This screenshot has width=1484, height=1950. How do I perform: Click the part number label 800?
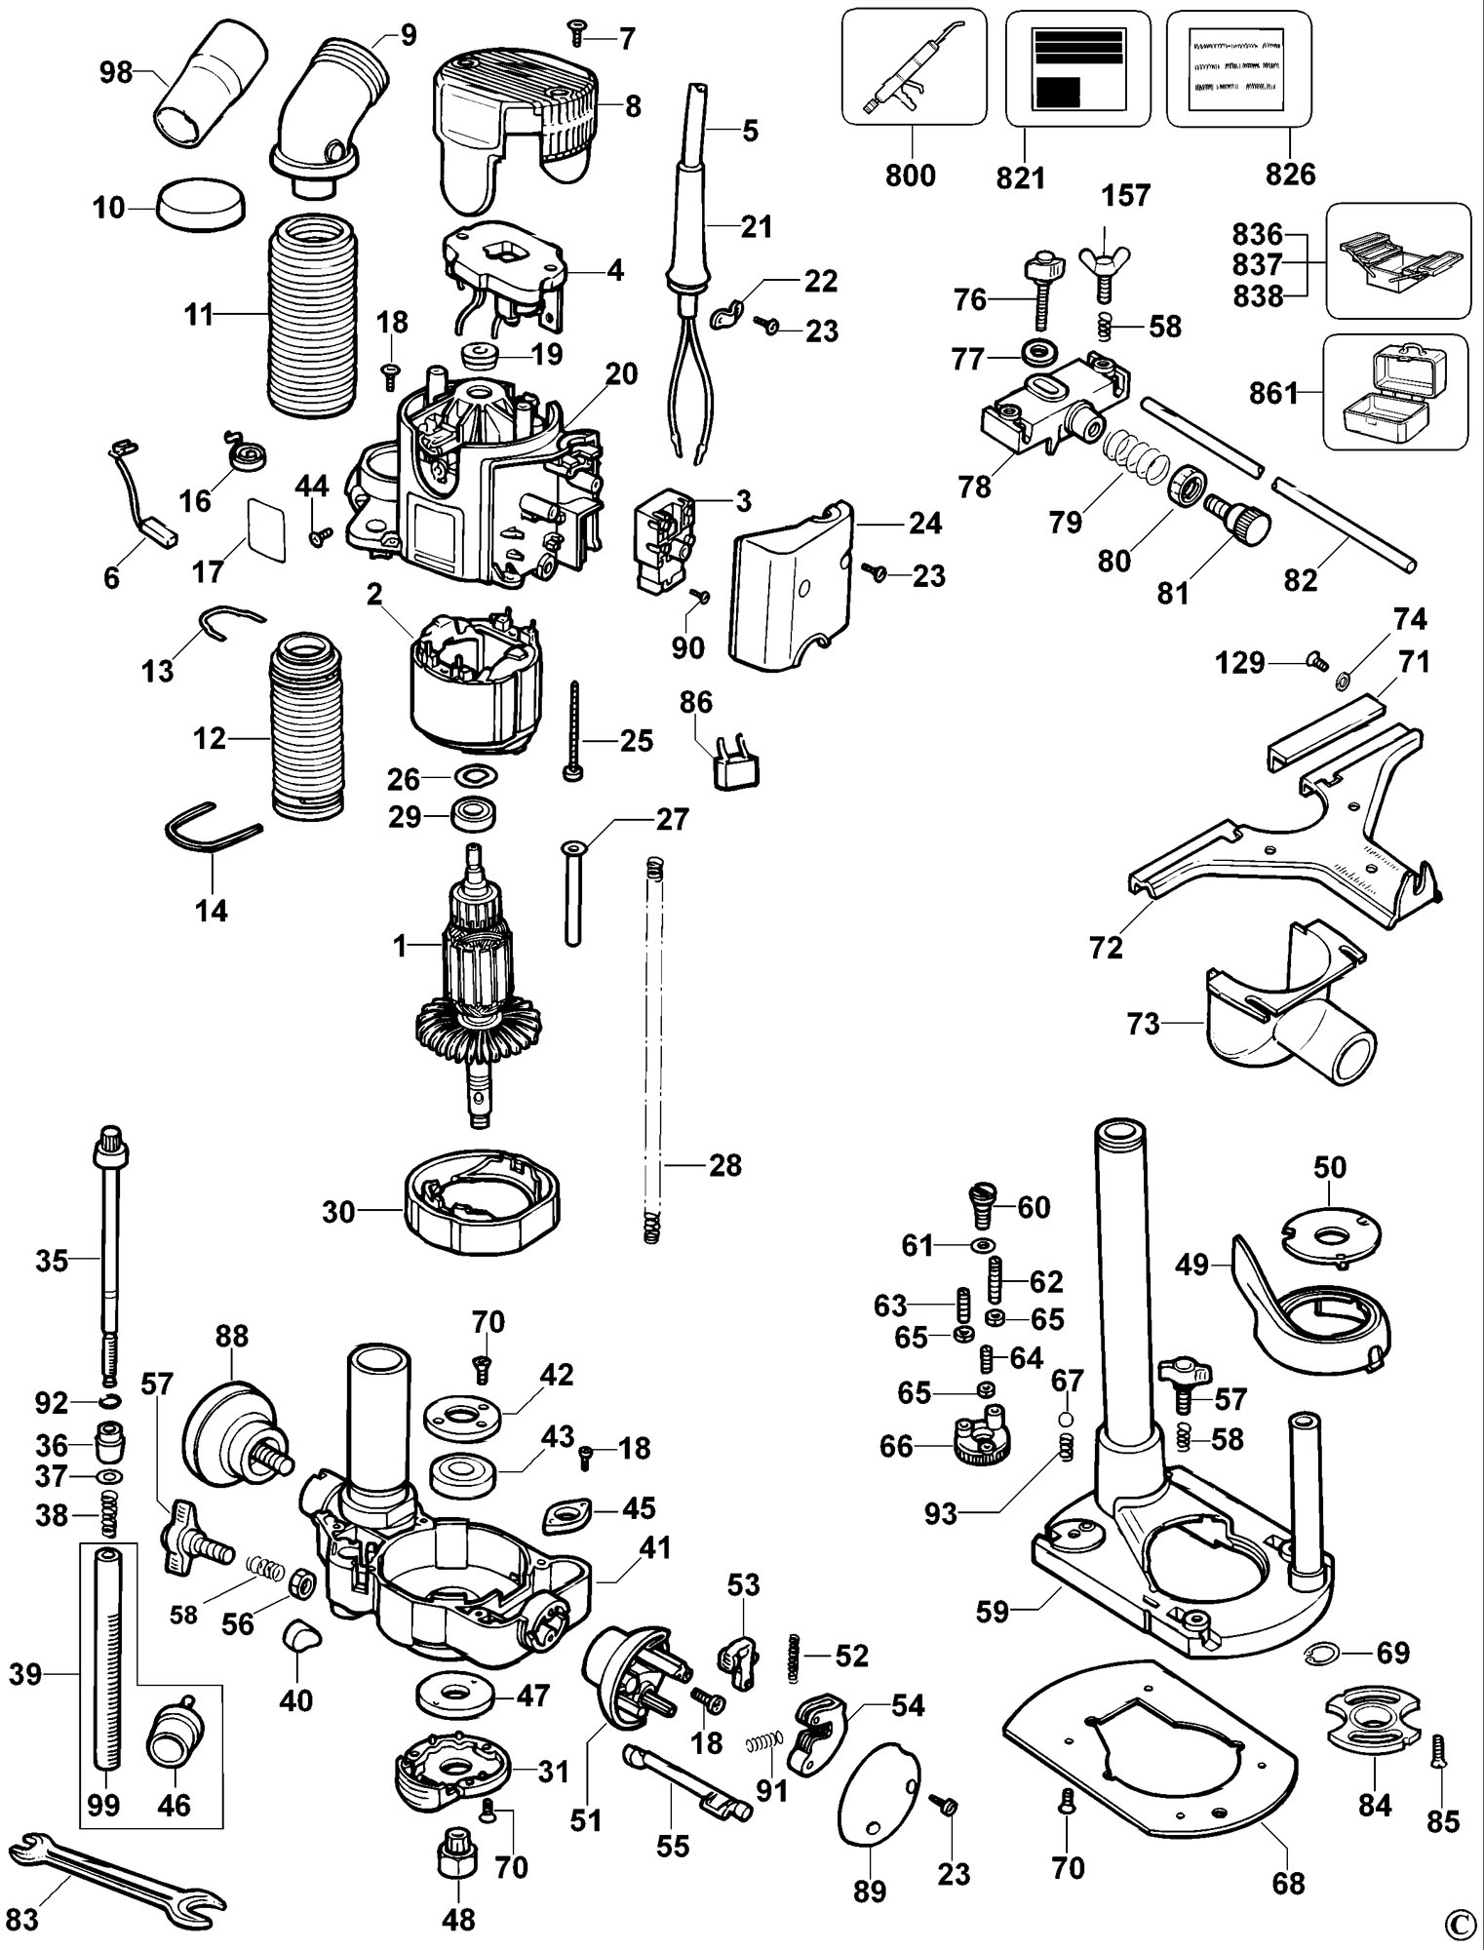tap(910, 175)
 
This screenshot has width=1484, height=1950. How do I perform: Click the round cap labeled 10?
tap(201, 205)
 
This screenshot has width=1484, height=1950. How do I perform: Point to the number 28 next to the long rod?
tap(724, 1165)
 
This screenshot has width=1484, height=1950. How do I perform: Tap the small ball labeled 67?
tap(1068, 1419)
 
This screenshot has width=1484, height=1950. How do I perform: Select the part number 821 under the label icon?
tap(1020, 176)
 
